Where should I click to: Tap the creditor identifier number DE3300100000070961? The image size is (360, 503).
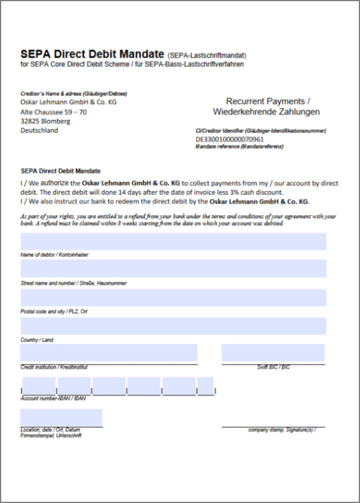[230, 139]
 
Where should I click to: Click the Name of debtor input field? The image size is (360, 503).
[173, 241]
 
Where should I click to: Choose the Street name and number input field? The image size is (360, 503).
[173, 268]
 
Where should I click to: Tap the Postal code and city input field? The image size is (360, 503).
[173, 298]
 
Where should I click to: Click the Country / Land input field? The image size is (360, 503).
[173, 326]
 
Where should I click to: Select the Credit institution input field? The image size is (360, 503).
[109, 353]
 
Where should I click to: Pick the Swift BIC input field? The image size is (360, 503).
[273, 353]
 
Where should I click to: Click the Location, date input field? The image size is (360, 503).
[61, 417]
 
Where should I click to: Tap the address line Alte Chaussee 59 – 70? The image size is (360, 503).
[54, 112]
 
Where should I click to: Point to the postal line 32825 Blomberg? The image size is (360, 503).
[46, 121]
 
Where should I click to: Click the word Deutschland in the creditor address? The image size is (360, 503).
[40, 130]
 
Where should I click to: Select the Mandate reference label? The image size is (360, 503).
[239, 146]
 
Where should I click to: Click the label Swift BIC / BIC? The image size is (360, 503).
[273, 367]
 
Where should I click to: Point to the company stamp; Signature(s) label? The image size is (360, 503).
[281, 430]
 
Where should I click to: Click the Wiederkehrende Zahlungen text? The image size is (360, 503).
[266, 112]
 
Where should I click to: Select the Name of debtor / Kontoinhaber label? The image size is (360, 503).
[55, 255]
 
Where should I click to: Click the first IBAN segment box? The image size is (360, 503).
[39, 386]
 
